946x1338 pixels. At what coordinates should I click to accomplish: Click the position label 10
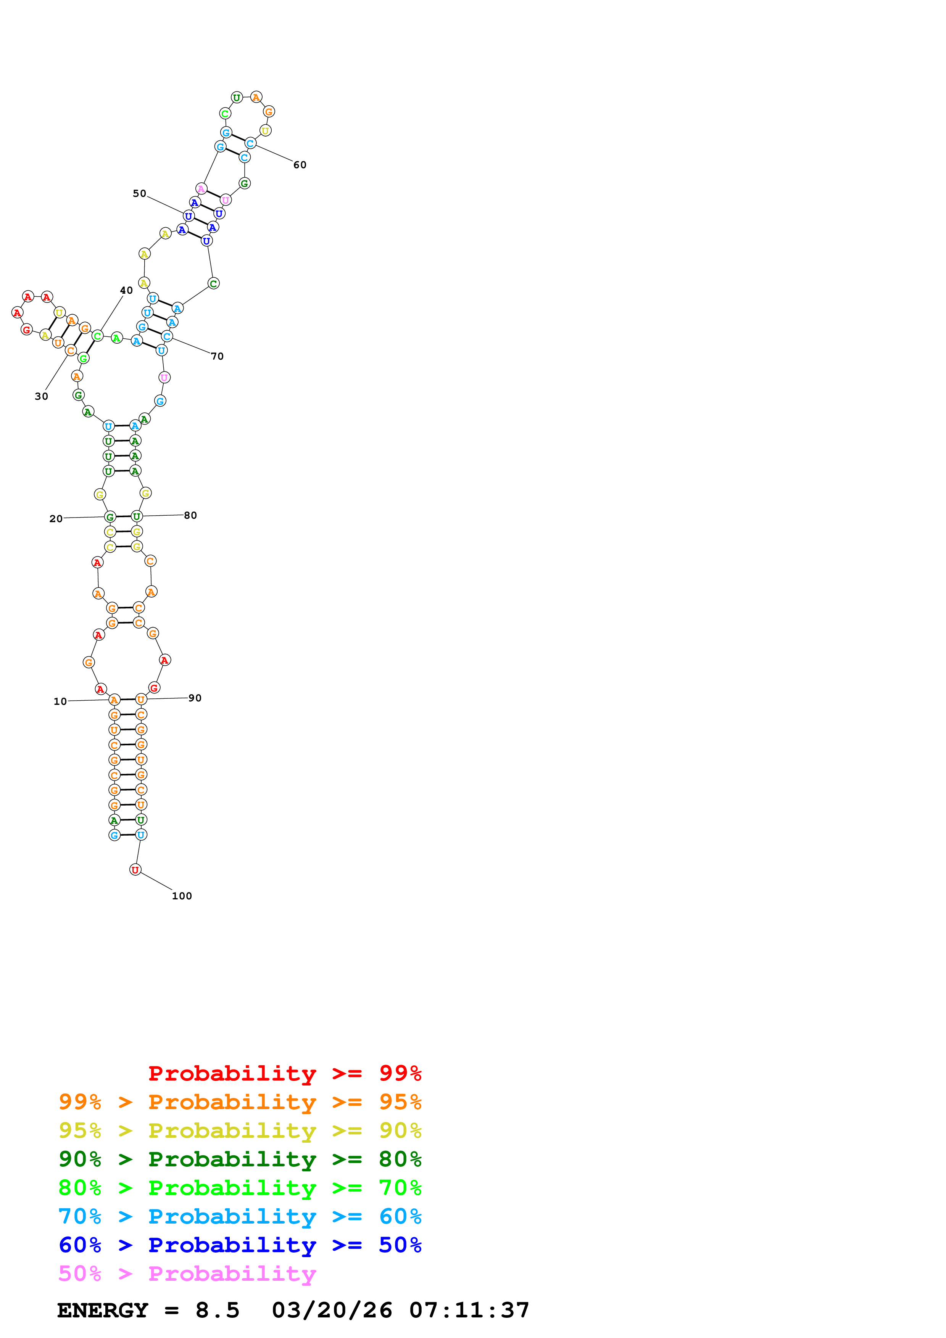coord(60,702)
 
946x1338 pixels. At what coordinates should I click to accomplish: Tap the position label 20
coord(56,519)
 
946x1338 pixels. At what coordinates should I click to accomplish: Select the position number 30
coord(41,396)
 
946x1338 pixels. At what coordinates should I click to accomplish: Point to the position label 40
coord(126,290)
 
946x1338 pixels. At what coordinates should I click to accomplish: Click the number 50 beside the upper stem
coord(139,193)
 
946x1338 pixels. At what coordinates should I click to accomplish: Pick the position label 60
coord(300,165)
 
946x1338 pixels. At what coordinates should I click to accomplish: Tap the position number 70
coord(218,356)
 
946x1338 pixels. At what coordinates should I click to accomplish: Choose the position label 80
coord(190,515)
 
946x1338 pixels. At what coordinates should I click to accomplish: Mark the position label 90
coord(195,698)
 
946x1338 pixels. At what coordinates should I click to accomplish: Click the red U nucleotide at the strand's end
coord(135,870)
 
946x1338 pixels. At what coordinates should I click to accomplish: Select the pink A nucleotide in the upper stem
coord(201,189)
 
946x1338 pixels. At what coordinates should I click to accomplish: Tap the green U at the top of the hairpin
coord(237,97)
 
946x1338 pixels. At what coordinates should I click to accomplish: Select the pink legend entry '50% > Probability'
coord(187,1274)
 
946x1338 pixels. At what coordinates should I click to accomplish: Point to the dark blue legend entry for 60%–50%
coord(240,1245)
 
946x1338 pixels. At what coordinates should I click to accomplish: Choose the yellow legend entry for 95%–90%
coord(240,1131)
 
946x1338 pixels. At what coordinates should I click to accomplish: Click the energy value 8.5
coord(218,1311)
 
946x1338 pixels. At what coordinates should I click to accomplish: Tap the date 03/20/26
coord(332,1311)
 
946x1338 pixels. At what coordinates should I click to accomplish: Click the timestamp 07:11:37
coord(469,1311)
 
